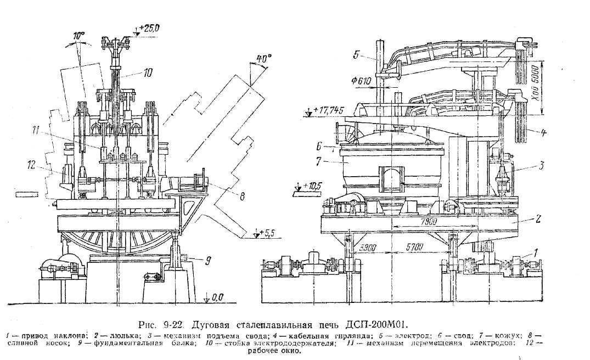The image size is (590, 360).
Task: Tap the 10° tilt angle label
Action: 80,37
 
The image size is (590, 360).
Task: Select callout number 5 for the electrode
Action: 356,54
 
